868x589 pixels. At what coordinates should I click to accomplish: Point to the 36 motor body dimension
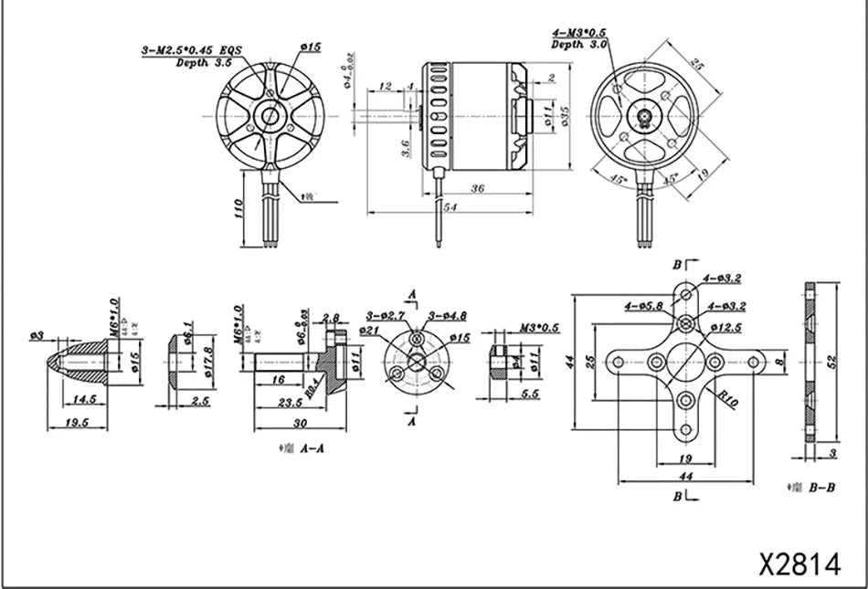tap(476, 188)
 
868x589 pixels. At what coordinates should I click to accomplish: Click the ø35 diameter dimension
tap(564, 115)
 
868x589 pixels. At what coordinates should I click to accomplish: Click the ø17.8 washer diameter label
tap(207, 354)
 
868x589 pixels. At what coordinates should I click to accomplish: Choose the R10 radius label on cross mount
tap(728, 397)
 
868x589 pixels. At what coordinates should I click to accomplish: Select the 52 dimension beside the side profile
tap(831, 361)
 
